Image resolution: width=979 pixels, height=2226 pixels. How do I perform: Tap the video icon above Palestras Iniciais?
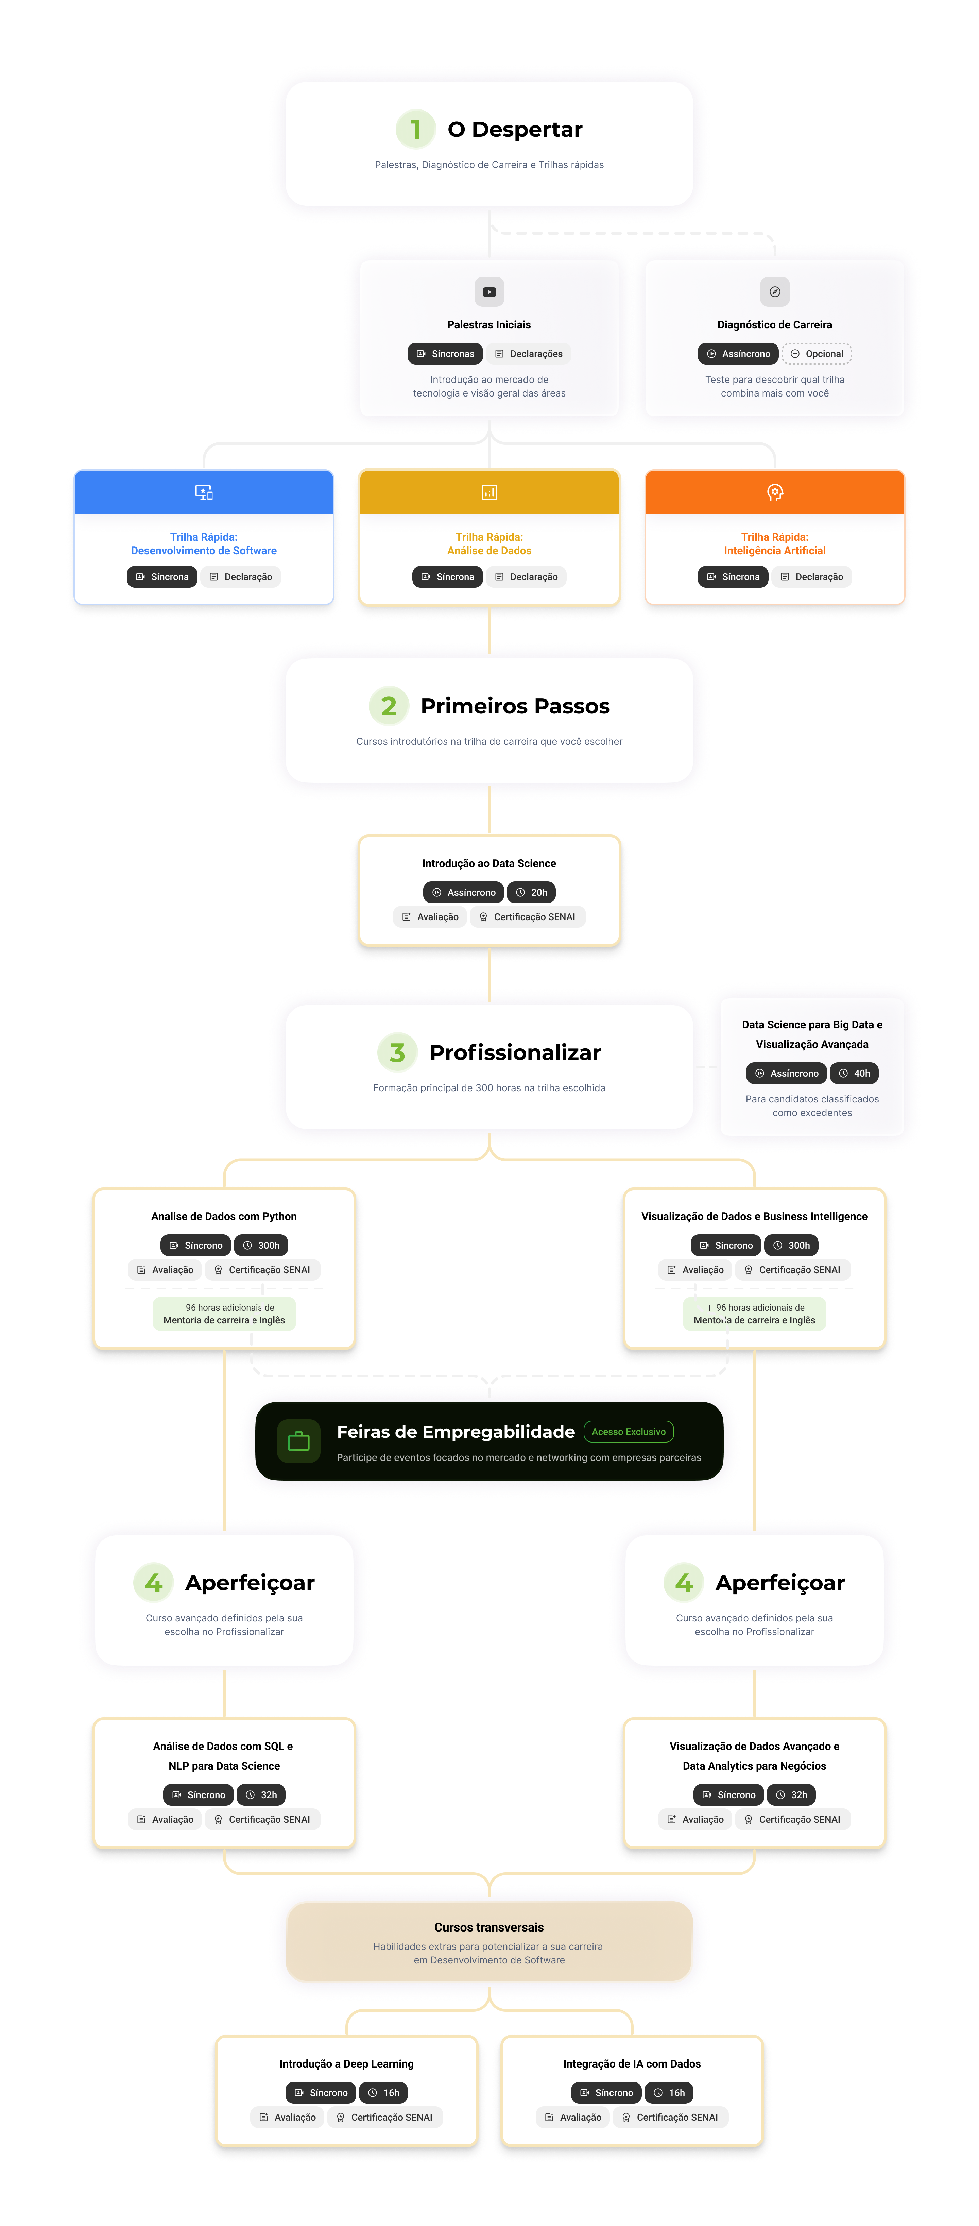489,292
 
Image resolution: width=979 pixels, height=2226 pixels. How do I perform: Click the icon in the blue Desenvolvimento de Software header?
204,492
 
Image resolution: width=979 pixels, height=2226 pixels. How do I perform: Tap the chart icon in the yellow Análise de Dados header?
489,492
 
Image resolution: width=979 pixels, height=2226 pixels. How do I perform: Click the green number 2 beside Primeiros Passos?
389,706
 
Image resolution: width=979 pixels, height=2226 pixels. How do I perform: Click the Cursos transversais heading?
489,1927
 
